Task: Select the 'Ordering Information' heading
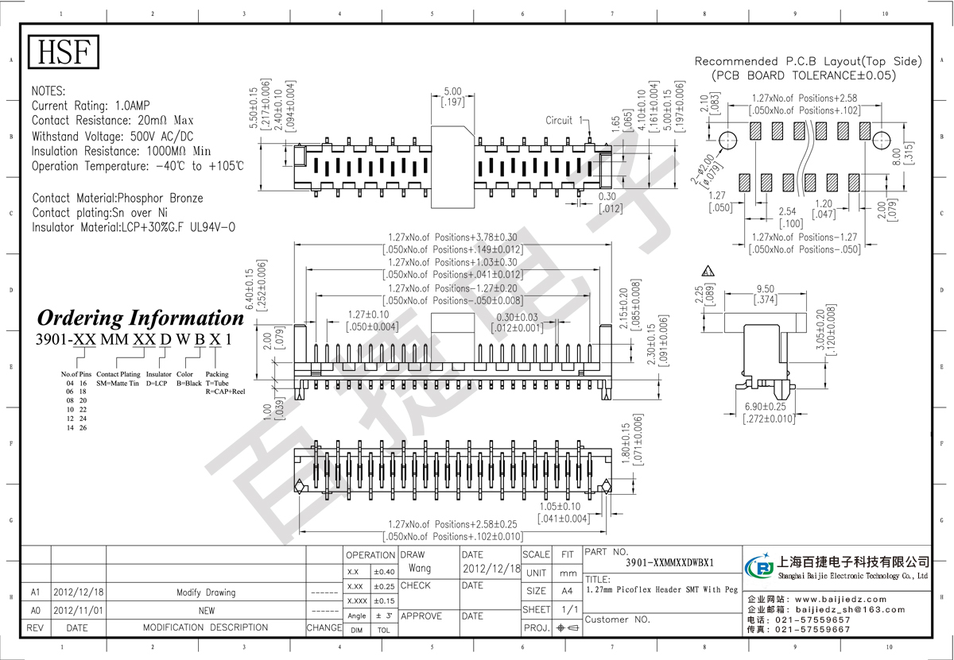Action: (141, 318)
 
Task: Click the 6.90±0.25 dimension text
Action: (768, 407)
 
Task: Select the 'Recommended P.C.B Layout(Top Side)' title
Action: (808, 61)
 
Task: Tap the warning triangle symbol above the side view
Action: (708, 271)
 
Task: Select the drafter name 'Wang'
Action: (420, 569)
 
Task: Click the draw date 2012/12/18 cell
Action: (491, 569)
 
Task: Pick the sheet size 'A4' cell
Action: (567, 591)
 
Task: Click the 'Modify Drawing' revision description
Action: (206, 592)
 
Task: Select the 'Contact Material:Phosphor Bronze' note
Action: (118, 198)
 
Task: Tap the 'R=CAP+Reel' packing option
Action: (226, 392)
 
